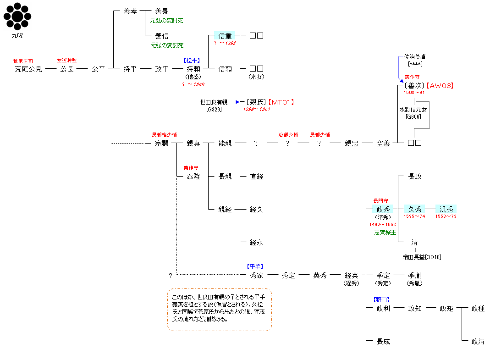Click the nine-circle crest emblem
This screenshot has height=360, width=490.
17,17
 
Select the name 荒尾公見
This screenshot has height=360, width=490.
28,69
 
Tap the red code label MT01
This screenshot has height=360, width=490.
281,102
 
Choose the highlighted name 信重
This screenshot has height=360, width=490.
225,36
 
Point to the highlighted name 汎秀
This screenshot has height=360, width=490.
446,209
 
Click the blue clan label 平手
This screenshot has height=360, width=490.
255,266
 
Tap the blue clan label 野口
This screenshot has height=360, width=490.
382,300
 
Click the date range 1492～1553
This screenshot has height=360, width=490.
383,225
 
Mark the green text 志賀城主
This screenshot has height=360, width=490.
385,233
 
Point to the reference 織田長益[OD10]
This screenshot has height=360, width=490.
422,257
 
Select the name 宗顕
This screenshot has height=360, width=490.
162,144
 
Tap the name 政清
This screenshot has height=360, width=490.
478,342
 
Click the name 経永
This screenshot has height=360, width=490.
256,243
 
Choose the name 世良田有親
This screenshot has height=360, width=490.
214,102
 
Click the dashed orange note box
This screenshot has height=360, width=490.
219,310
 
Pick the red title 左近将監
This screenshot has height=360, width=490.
67,61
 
